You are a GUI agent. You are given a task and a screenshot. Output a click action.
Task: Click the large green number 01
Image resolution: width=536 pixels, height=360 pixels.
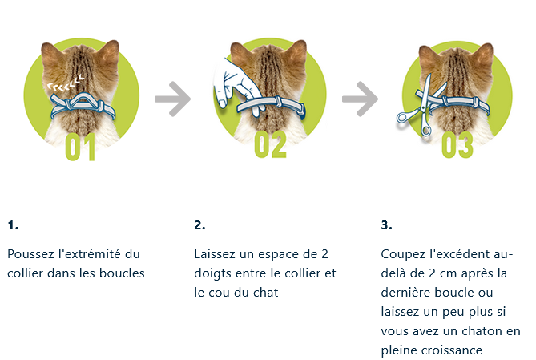[x=80, y=147]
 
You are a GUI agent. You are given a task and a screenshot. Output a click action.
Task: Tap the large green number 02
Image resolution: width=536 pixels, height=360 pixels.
[x=270, y=145]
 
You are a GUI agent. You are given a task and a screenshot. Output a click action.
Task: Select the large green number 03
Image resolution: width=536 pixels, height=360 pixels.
[x=457, y=145]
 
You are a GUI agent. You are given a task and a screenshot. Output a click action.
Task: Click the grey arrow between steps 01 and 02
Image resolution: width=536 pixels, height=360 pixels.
[x=172, y=99]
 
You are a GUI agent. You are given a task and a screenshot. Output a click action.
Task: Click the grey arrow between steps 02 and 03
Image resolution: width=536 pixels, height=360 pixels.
[x=360, y=99]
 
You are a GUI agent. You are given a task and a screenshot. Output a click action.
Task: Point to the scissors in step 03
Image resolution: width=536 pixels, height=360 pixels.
[x=422, y=106]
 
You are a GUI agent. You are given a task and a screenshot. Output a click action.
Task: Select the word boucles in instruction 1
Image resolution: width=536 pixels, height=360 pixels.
[x=122, y=273]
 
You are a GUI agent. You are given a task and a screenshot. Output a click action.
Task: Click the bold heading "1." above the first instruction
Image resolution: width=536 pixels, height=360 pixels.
[x=13, y=225]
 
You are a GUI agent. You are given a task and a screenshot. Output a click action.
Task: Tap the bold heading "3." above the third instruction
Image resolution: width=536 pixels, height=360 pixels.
[x=387, y=225]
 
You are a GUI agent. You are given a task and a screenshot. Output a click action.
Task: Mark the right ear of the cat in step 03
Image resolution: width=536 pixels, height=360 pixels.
[x=485, y=54]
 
